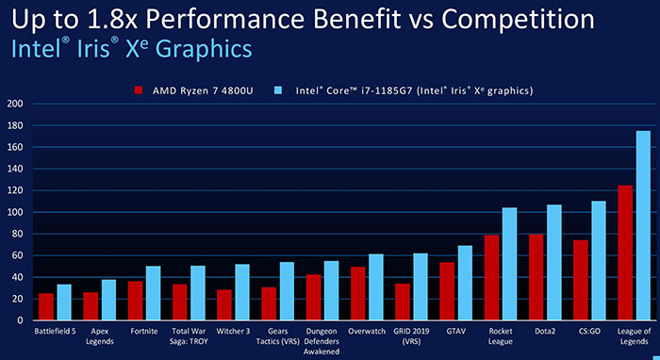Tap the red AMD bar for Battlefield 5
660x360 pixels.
point(45,307)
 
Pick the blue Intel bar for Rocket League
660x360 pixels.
point(509,265)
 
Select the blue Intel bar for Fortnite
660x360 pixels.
point(153,293)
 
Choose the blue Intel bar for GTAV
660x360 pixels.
point(465,284)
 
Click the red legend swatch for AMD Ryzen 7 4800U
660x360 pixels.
point(140,90)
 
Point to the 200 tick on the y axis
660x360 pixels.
point(15,104)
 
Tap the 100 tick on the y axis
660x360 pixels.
point(15,212)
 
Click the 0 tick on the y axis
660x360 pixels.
point(20,321)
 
